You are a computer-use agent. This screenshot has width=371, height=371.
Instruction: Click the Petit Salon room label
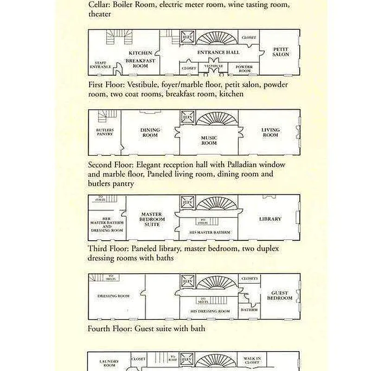point(281,51)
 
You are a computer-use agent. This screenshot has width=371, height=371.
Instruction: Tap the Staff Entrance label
point(100,65)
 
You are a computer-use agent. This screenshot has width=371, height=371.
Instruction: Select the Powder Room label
point(244,68)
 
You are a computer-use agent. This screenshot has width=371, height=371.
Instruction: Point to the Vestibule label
point(214,66)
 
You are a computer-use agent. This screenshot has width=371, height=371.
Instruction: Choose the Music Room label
point(209,141)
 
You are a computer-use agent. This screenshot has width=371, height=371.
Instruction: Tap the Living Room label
point(270,132)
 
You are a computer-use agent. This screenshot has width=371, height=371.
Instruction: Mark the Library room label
point(270,219)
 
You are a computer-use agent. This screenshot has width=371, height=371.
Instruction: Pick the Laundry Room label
point(109,363)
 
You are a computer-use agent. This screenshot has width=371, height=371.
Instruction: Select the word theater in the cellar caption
point(100,14)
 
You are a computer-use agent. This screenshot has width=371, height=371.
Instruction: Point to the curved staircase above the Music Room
point(214,118)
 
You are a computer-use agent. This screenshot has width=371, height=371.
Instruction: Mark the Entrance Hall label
point(218,53)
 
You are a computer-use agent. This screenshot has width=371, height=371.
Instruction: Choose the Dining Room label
point(150,133)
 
